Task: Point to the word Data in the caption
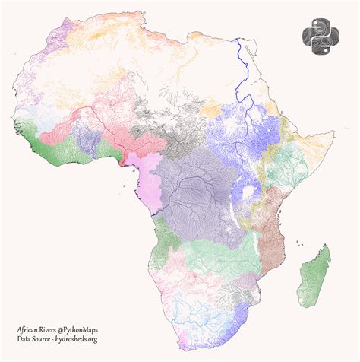pos(17,340)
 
